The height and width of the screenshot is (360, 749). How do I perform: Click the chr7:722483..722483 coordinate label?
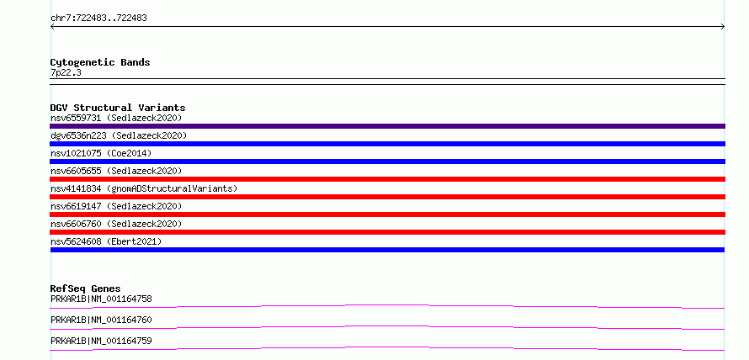98,19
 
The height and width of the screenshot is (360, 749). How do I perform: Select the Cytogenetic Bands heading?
100,62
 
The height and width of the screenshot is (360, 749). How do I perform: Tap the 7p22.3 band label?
66,72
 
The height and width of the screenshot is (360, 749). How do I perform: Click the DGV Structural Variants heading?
118,108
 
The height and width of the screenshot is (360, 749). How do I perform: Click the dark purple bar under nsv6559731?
387,126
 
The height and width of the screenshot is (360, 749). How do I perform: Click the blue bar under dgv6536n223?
387,144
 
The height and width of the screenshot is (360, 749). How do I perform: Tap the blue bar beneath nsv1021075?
387,161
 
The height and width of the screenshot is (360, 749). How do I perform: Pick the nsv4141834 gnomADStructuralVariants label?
144,188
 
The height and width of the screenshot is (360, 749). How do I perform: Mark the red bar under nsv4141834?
387,197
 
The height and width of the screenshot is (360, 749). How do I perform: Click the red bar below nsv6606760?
387,232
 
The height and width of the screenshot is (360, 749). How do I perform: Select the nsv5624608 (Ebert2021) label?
106,241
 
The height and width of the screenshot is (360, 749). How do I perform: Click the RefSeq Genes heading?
85,289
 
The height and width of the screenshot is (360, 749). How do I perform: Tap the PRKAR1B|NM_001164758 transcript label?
101,299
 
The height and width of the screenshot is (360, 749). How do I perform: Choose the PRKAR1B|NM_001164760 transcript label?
101,320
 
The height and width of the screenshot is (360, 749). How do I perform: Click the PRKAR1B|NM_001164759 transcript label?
101,341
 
